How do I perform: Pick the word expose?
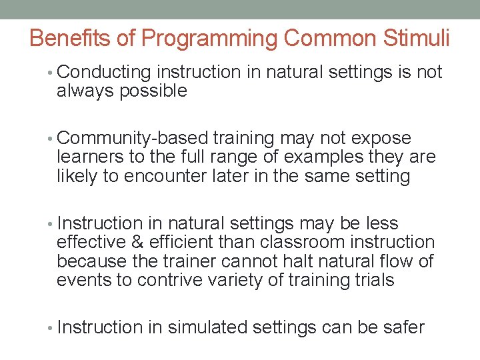point(383,139)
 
